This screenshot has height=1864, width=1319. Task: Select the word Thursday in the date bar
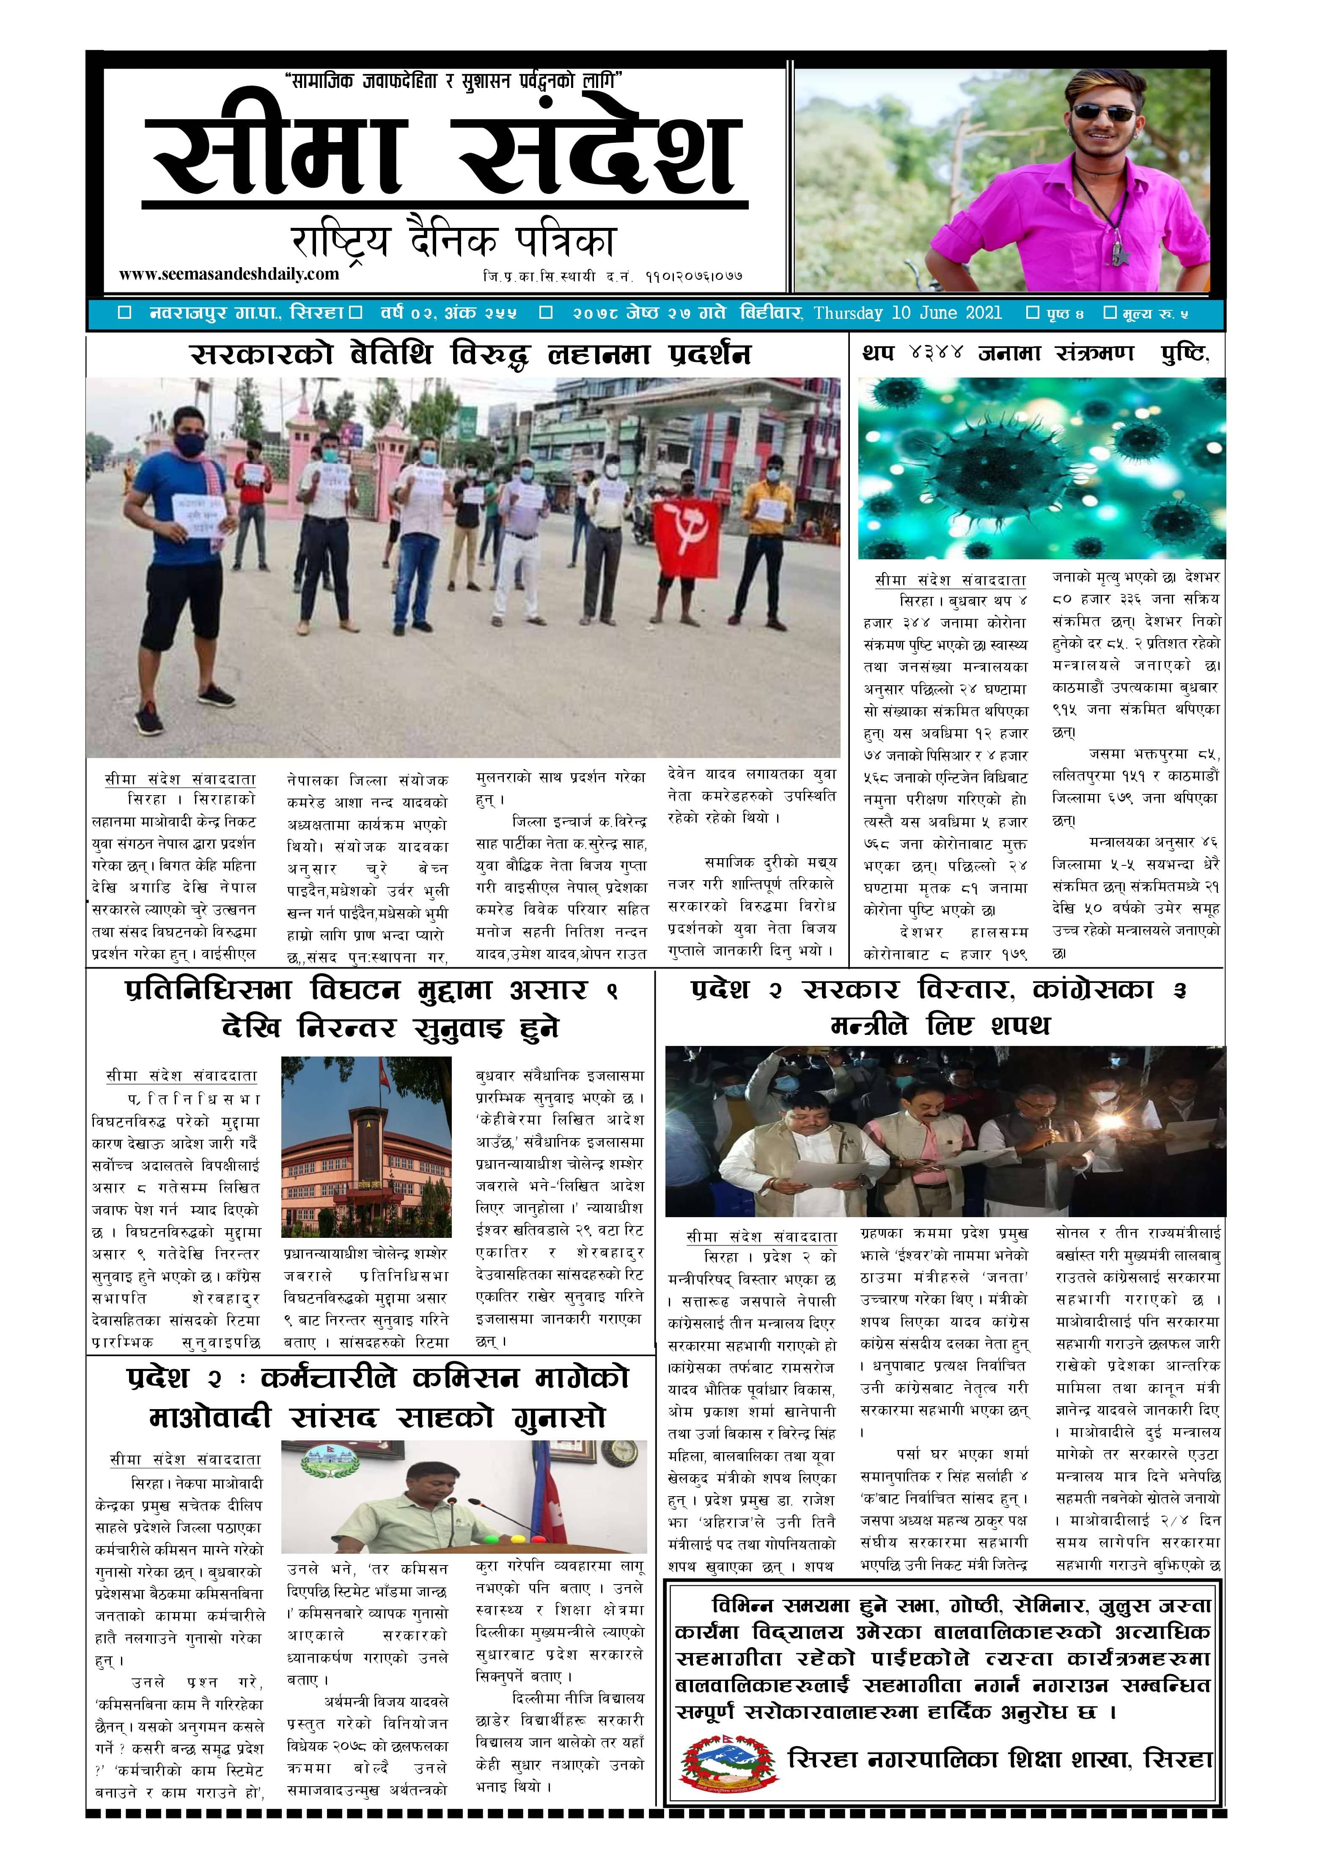coord(849,312)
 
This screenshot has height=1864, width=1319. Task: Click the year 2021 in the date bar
coord(980,312)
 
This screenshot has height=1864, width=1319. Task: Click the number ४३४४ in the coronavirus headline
coord(936,353)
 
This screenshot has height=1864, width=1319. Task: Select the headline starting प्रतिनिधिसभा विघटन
coord(372,1009)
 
